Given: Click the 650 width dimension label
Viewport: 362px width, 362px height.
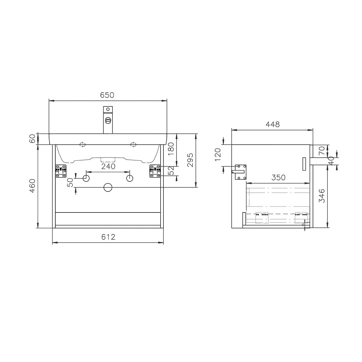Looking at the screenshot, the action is (107, 95).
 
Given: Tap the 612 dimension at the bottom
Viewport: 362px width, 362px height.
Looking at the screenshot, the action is (108, 237).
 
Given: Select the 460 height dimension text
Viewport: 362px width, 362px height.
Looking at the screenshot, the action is (32, 186).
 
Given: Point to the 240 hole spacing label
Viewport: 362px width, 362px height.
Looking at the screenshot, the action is (108, 167).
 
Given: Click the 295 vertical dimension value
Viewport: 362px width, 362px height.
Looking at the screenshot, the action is (190, 160).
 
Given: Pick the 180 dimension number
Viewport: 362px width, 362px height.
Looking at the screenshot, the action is (171, 149).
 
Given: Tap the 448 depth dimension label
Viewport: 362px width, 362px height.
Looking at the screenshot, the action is (273, 124).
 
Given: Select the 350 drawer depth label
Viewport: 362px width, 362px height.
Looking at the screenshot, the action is (278, 177).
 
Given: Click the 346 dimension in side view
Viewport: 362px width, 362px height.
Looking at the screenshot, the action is (322, 196).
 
